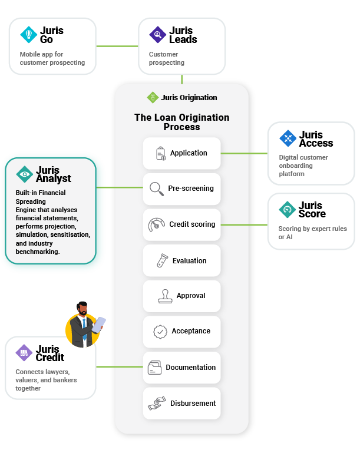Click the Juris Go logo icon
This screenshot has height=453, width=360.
(29, 35)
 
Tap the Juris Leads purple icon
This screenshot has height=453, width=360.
(158, 35)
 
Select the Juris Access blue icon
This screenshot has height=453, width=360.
(288, 138)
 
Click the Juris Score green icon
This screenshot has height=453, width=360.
(288, 209)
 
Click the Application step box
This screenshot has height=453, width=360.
(181, 153)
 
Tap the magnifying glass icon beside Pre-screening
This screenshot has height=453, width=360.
(157, 189)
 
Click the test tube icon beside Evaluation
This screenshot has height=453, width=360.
(160, 260)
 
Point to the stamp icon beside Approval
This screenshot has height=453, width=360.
(165, 296)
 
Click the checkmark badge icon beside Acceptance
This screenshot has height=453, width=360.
(160, 332)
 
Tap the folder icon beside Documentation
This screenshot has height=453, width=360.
(154, 368)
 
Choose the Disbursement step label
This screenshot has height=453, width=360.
(193, 404)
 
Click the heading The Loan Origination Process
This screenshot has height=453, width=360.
(181, 122)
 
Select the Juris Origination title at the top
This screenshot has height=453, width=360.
(189, 97)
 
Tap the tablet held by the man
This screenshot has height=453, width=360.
(100, 323)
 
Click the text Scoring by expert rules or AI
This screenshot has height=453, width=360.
(312, 233)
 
